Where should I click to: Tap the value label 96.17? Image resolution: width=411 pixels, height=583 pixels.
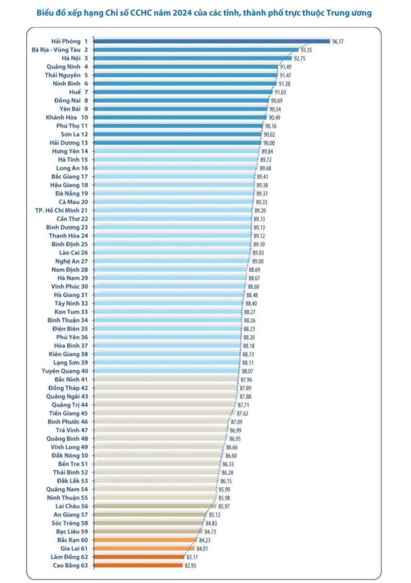(x=338, y=42)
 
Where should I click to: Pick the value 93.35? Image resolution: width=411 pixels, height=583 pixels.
(x=306, y=50)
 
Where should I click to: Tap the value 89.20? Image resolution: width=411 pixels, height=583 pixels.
(x=260, y=211)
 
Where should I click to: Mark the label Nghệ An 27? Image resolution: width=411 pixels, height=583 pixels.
(x=71, y=261)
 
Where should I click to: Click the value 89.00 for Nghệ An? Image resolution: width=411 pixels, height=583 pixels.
(x=257, y=261)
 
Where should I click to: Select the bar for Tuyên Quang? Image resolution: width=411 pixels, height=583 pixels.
(x=168, y=371)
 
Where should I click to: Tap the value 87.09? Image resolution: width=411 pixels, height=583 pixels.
(x=237, y=422)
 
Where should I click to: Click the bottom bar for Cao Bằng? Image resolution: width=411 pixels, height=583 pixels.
(x=138, y=565)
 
